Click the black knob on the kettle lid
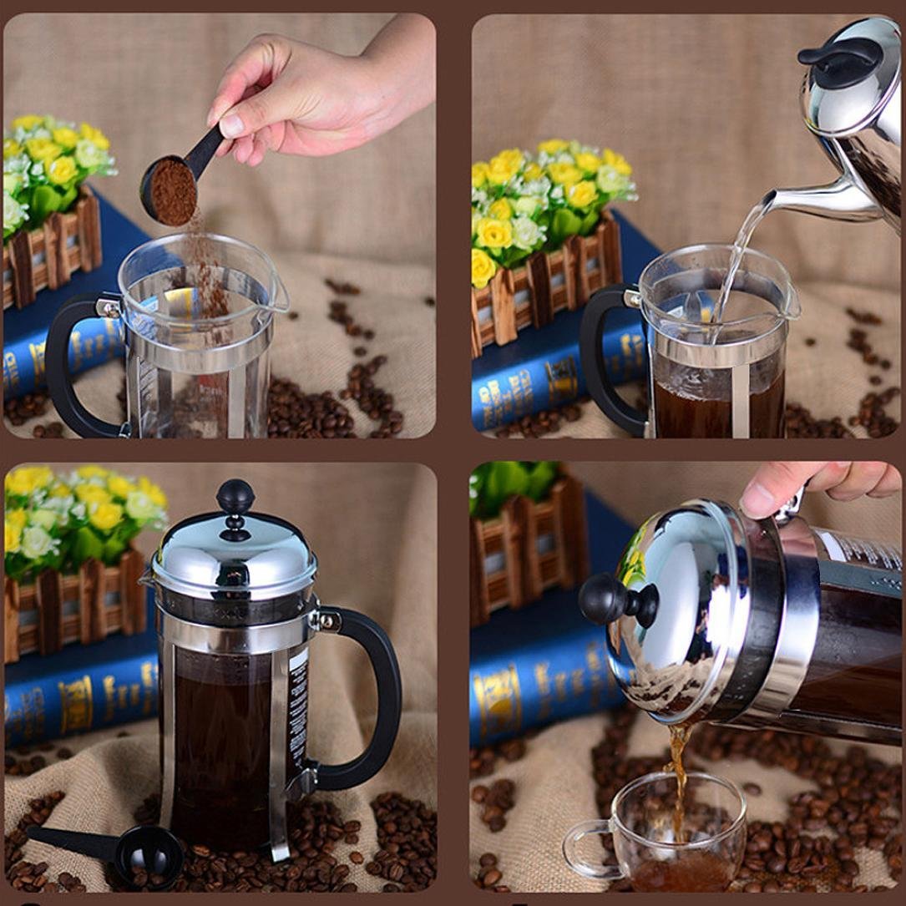838,53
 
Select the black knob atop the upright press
235,498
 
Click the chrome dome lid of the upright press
235,555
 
